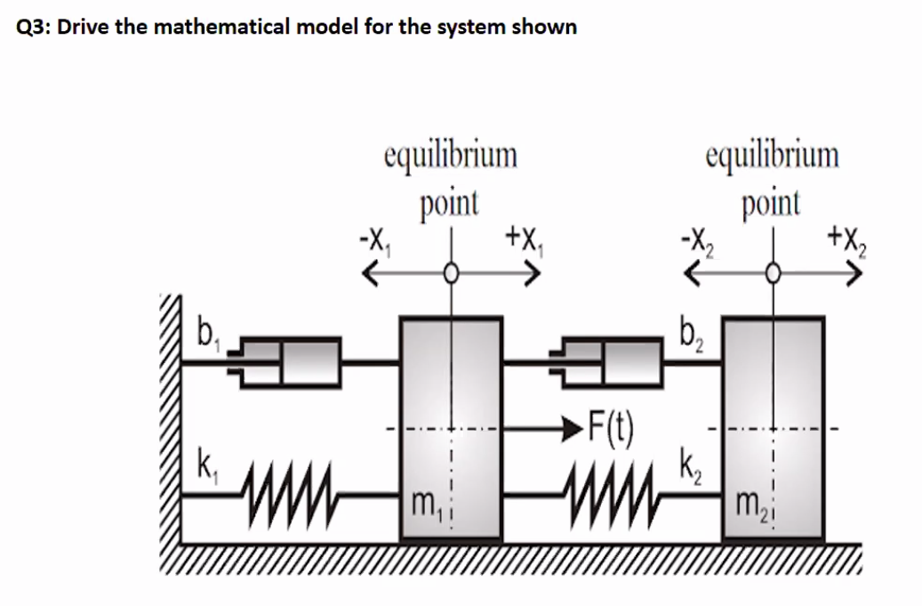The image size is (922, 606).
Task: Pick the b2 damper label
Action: [688, 338]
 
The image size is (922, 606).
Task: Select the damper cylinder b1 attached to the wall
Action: [289, 360]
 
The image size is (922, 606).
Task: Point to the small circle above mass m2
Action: [775, 274]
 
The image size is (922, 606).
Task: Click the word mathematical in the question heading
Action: [222, 27]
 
